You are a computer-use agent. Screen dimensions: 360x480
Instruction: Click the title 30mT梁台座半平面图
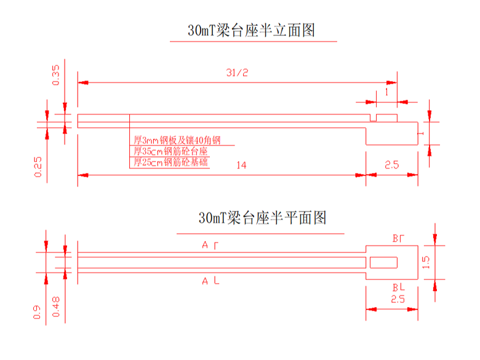click(262, 218)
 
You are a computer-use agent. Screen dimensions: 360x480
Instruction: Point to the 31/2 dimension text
click(237, 73)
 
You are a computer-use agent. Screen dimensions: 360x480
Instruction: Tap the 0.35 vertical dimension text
click(56, 74)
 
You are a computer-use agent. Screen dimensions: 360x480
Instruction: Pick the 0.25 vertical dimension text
click(38, 166)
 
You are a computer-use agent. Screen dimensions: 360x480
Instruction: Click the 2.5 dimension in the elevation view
click(392, 165)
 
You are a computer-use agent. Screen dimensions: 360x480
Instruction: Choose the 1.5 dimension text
click(426, 263)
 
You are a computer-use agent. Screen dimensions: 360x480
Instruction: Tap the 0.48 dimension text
click(56, 306)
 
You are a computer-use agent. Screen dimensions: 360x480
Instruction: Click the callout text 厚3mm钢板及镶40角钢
click(177, 140)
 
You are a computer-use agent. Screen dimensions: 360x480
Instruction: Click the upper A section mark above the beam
click(210, 245)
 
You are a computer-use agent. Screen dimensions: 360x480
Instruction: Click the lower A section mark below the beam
click(210, 281)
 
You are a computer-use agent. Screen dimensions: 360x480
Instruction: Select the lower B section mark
click(398, 287)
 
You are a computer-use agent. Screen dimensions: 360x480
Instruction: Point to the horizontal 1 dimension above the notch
click(385, 91)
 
